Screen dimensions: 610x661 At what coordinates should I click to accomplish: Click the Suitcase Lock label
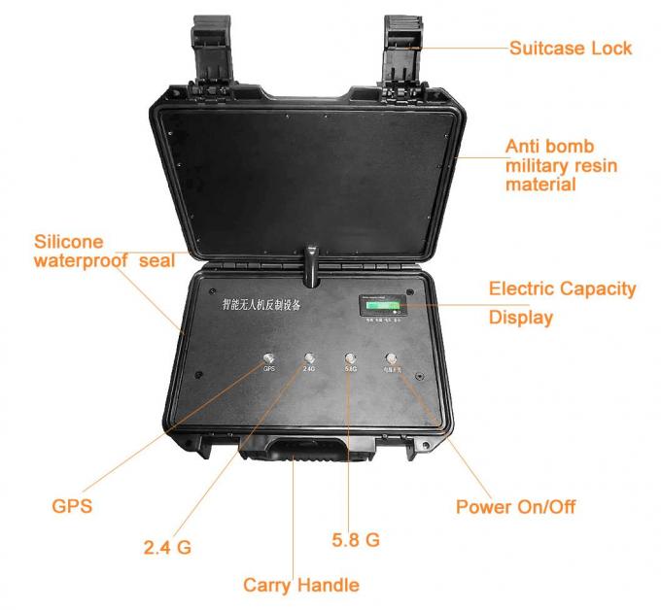coord(570,48)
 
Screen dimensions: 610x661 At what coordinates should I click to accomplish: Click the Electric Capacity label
coord(562,288)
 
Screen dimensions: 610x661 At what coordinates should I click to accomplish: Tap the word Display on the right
coord(520,318)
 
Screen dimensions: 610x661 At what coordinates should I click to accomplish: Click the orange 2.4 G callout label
coord(167,547)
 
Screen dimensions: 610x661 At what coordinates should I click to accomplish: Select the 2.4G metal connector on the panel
coord(309,359)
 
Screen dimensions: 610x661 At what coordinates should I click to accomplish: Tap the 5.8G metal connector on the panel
coord(351,359)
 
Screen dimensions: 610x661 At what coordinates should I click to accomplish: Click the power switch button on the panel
coord(393,359)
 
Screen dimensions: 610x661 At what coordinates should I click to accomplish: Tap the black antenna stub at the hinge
coord(312,263)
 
